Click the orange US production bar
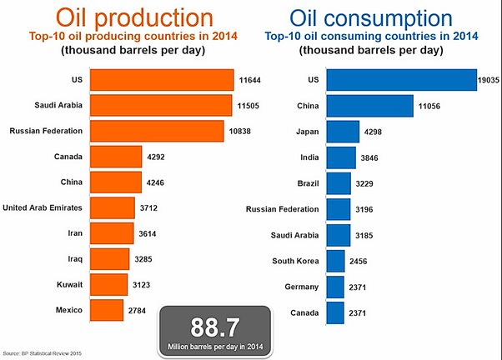(161, 80)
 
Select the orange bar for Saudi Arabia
(160, 106)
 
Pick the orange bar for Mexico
(107, 309)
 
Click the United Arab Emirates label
(43, 207)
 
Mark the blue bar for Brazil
(339, 182)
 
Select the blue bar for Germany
(335, 287)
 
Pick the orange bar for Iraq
(109, 258)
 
